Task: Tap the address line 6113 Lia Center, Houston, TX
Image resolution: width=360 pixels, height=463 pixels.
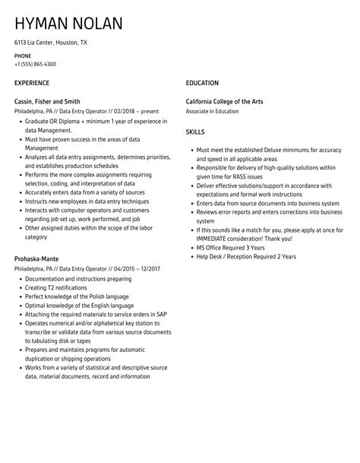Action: tap(51, 43)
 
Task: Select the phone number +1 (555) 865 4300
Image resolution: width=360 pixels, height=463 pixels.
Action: tap(35, 64)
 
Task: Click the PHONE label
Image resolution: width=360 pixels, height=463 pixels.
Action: tap(23, 56)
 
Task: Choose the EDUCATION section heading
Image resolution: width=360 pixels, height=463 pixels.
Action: tap(202, 83)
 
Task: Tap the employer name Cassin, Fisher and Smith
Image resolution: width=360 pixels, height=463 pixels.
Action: tap(47, 101)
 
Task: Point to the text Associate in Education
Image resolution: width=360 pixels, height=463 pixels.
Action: tap(213, 110)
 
